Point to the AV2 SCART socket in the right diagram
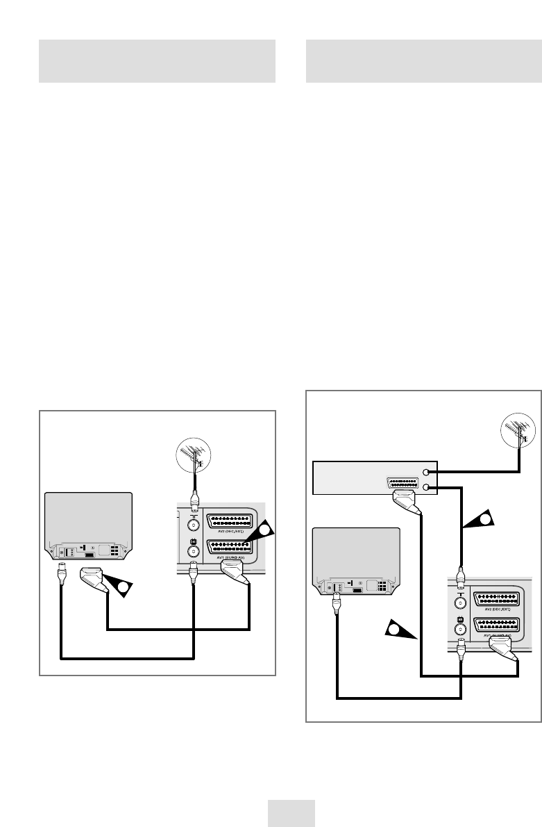(497, 599)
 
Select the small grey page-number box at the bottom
(291, 812)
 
